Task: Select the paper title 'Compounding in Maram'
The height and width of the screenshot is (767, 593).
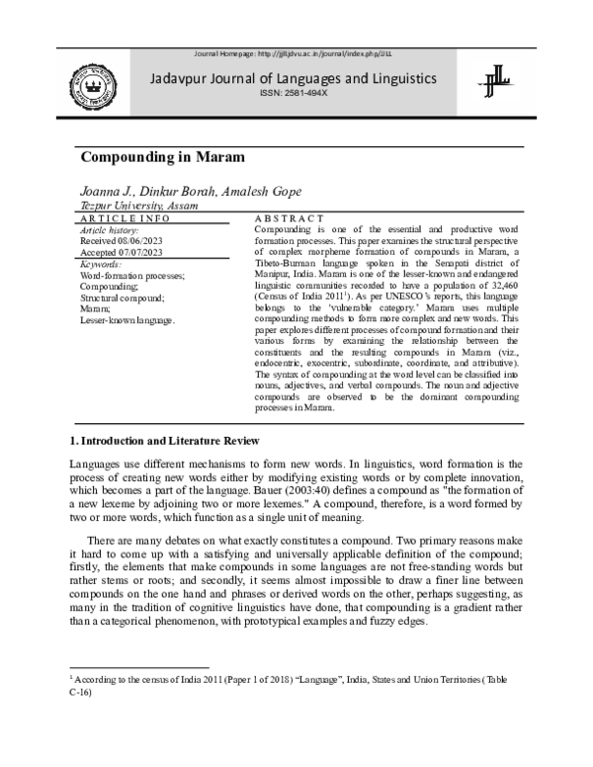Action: click(x=160, y=157)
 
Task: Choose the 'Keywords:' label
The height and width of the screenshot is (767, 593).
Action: click(x=103, y=264)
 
